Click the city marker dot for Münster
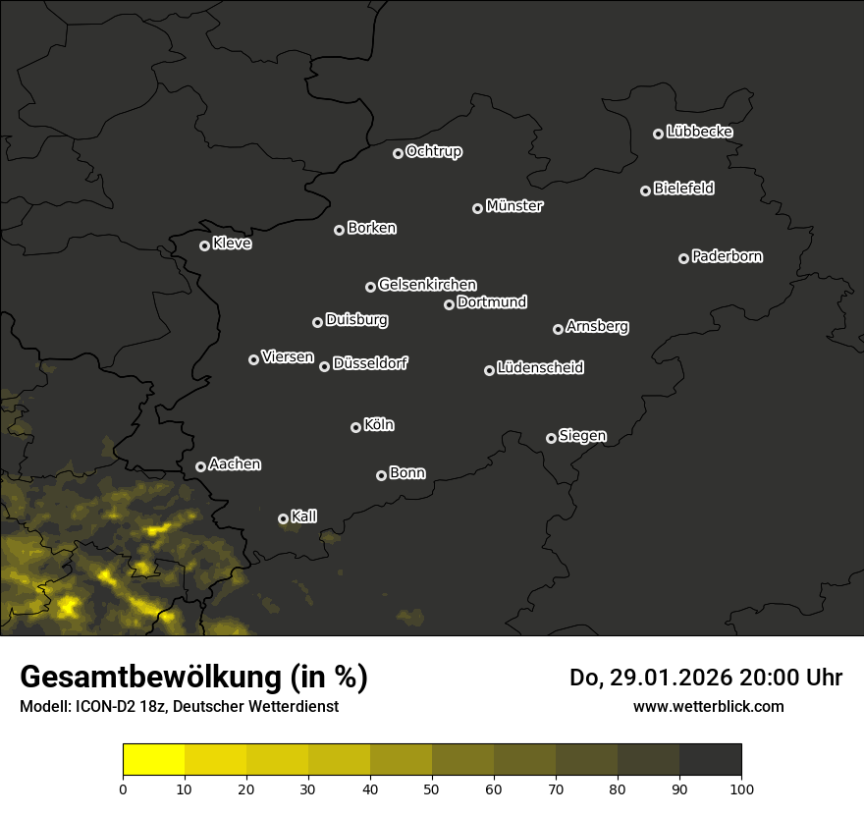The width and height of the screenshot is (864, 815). [x=477, y=208]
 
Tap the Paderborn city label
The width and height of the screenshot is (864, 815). [x=727, y=256]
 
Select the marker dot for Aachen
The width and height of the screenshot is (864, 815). [x=200, y=466]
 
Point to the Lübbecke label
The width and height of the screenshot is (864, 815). [x=699, y=132]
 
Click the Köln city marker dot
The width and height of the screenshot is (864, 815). [x=355, y=427]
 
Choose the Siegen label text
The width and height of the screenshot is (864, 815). [x=582, y=436]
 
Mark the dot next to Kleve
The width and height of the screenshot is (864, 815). [x=204, y=245]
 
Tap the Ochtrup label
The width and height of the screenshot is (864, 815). [x=433, y=151]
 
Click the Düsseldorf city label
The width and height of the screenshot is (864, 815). [x=370, y=363]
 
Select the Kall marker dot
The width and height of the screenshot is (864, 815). [x=283, y=518]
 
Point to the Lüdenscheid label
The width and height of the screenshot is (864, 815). [x=540, y=368]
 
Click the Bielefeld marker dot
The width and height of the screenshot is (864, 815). [x=645, y=190]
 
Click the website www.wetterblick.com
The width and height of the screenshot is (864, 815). [x=708, y=706]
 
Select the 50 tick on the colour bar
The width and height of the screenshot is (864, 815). [x=432, y=788]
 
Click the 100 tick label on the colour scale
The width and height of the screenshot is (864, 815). [x=741, y=788]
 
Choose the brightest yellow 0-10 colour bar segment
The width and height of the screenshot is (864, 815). [x=154, y=760]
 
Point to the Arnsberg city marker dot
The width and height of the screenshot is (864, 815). [x=558, y=329]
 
